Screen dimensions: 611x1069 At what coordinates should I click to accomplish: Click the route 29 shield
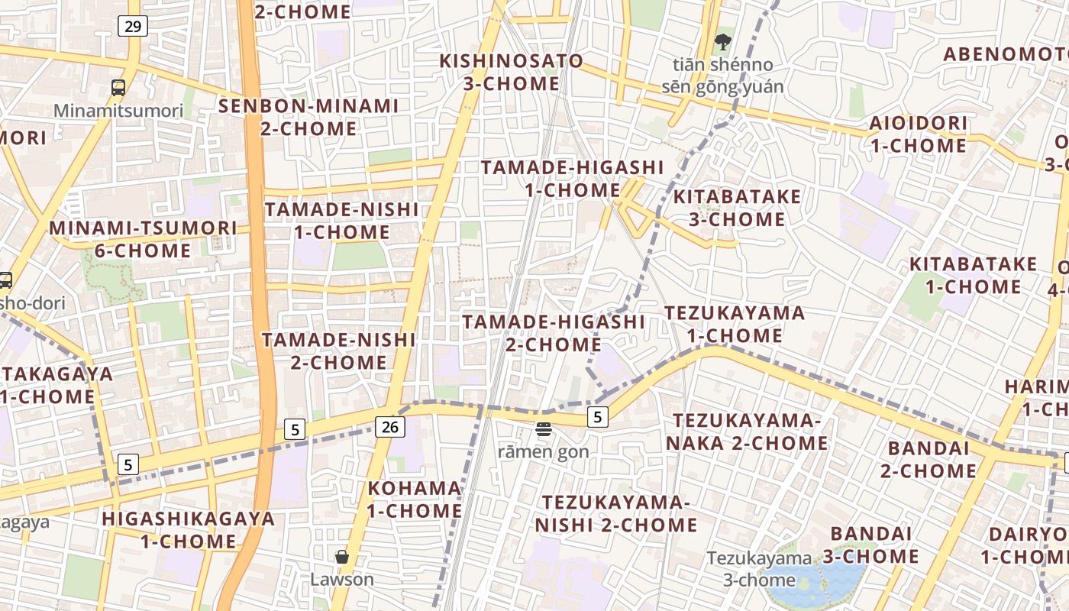(133, 27)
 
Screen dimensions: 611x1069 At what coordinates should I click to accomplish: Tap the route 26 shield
(389, 427)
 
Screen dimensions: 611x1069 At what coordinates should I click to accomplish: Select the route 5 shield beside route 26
(295, 429)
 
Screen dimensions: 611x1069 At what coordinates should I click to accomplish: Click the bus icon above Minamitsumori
(118, 88)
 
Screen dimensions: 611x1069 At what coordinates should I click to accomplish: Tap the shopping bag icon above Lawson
(342, 557)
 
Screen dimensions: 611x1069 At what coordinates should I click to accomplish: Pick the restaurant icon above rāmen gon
(544, 430)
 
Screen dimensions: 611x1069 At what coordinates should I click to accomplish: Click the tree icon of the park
(722, 42)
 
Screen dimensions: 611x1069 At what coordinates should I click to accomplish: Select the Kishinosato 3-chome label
(512, 72)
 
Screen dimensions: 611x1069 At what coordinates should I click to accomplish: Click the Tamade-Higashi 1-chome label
(573, 178)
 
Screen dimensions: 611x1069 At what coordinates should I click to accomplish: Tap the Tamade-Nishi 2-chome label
(339, 351)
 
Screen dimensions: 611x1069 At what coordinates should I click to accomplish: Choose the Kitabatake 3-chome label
(737, 208)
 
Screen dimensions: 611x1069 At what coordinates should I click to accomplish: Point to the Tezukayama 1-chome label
(734, 324)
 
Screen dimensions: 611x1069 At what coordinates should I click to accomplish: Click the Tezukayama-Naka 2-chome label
(747, 432)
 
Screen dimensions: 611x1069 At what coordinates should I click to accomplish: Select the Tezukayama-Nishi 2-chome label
(616, 514)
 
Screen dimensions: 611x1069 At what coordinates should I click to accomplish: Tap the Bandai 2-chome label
(928, 459)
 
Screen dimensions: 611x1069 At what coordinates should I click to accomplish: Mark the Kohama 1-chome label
(415, 499)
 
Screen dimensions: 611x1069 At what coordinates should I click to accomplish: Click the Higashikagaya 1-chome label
(189, 529)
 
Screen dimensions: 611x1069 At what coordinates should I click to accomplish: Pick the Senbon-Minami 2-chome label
(308, 117)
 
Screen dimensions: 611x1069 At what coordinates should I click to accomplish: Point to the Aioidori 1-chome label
(918, 134)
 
